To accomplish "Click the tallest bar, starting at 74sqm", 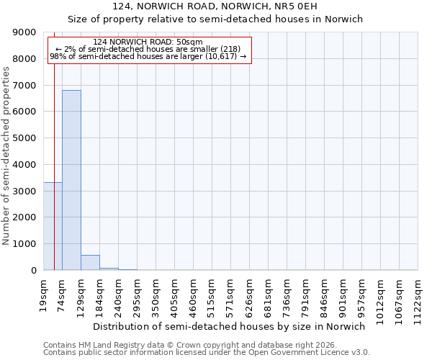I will tap(71, 180).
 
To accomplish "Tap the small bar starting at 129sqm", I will tap(90, 263).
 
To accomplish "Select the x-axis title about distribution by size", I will tap(230, 326).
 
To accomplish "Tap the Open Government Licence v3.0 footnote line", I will tap(206, 352).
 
